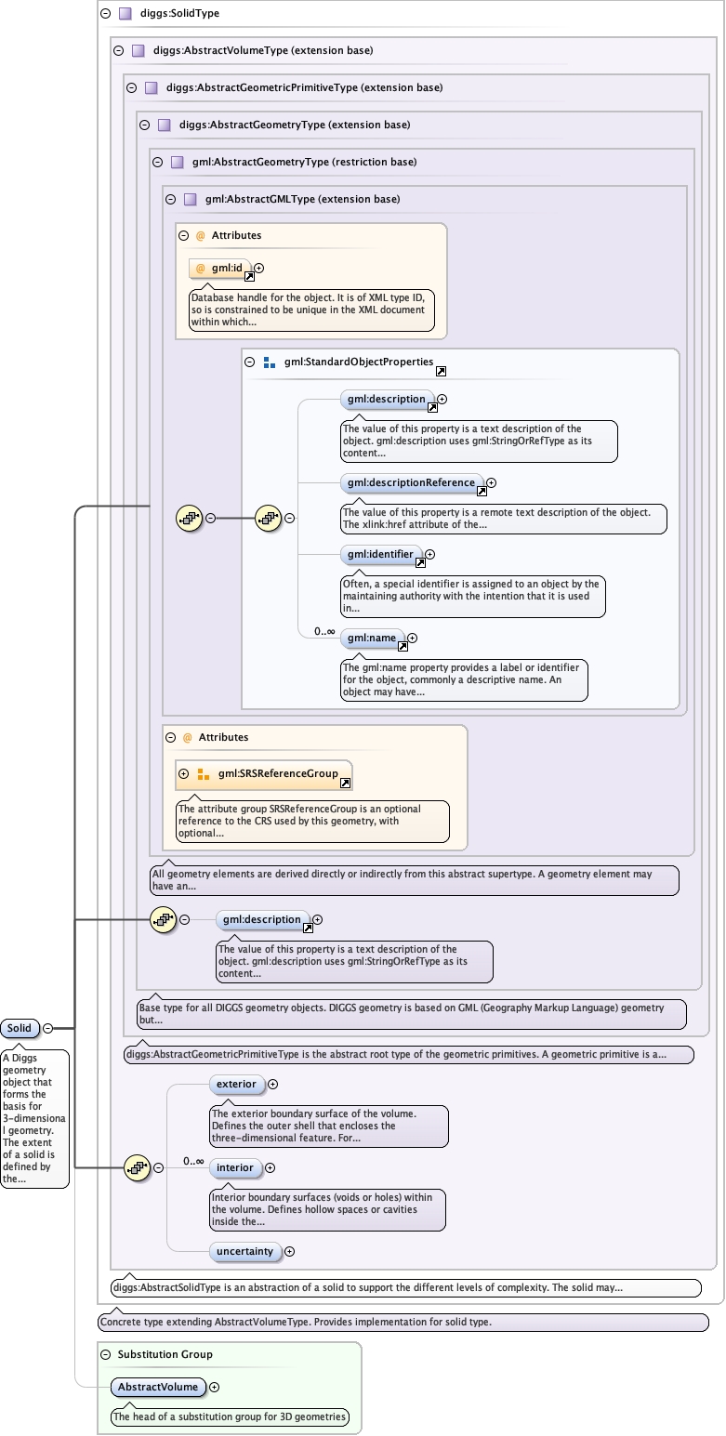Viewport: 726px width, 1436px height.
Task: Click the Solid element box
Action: [20, 1028]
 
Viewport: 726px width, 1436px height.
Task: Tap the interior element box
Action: [235, 1167]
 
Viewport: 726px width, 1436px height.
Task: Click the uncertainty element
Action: [244, 1251]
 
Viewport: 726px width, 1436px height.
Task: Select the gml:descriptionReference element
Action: [412, 482]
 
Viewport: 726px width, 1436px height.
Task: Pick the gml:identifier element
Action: [380, 554]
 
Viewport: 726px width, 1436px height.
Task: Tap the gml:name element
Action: [372, 638]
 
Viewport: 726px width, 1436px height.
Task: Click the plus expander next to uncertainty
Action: [289, 1251]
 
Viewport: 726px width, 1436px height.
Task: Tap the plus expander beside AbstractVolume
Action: [215, 1387]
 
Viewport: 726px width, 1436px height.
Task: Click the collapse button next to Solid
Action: [47, 1028]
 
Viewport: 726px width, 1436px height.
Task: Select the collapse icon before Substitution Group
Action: [106, 1354]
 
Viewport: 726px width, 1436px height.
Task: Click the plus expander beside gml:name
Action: [413, 638]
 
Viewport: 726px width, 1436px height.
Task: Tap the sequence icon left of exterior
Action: [138, 1167]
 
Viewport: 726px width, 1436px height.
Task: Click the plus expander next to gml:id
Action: [259, 268]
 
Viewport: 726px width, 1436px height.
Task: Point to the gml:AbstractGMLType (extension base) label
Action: [302, 199]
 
